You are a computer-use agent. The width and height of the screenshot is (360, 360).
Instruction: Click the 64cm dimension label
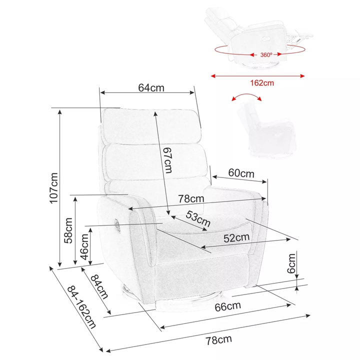(151, 87)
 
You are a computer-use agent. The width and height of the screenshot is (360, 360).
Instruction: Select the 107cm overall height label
(54, 188)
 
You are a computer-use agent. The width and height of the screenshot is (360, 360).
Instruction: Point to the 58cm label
(68, 230)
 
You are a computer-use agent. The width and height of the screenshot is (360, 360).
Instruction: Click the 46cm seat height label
(84, 247)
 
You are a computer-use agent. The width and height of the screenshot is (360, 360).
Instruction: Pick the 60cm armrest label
(241, 173)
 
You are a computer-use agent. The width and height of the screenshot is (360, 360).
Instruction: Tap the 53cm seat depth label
(198, 219)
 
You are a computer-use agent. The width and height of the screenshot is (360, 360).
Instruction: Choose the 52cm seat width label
(236, 238)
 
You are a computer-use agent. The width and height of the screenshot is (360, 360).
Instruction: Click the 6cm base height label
(291, 263)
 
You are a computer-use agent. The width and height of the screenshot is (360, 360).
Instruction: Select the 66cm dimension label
(228, 306)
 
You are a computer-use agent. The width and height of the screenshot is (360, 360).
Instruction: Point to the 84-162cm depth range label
(81, 307)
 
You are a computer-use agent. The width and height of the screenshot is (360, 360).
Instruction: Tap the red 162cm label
(262, 83)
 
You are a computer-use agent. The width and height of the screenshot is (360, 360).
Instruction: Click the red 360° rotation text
(266, 55)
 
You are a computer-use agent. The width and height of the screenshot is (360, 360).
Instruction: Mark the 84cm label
(99, 287)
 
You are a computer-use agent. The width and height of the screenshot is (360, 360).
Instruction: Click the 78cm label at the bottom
(218, 340)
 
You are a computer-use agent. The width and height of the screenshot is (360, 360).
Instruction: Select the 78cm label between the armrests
(191, 198)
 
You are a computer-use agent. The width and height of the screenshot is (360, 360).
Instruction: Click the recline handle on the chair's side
(117, 225)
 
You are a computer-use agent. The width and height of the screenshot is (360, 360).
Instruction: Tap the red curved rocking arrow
(246, 97)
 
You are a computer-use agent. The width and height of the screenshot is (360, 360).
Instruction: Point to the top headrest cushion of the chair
(151, 126)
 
